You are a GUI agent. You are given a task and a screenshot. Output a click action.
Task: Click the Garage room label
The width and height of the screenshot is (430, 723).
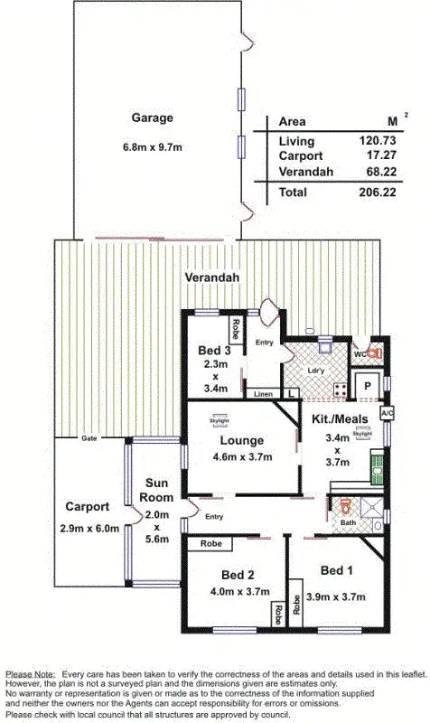(x=152, y=118)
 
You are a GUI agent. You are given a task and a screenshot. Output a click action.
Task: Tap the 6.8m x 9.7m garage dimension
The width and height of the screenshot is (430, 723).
(x=152, y=147)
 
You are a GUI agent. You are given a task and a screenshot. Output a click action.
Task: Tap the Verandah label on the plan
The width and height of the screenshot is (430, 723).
(x=212, y=277)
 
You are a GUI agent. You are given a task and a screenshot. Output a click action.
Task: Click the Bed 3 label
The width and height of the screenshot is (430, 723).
(x=213, y=351)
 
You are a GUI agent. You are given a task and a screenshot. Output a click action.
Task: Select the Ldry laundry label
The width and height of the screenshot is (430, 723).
(x=316, y=371)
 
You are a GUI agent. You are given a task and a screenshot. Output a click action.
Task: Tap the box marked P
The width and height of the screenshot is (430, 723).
(x=369, y=387)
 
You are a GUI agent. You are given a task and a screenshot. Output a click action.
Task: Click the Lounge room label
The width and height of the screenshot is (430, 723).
(x=240, y=440)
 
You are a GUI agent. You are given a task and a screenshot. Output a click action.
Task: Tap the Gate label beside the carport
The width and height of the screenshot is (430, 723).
(x=89, y=437)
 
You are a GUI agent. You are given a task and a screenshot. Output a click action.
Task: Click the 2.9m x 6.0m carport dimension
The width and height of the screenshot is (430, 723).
(x=88, y=528)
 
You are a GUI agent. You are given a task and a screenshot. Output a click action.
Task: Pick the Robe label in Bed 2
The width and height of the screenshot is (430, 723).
(x=211, y=544)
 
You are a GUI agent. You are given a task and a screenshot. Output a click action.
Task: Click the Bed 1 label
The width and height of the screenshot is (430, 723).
(x=337, y=570)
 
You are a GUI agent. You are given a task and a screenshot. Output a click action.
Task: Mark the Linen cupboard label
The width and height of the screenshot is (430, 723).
(x=263, y=394)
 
